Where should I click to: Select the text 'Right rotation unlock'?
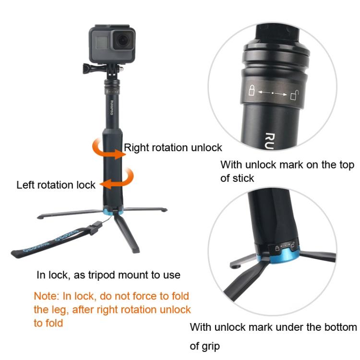(173, 147)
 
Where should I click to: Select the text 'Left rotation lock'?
(56, 185)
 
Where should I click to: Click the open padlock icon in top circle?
(295, 95)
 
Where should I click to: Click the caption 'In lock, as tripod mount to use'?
(108, 275)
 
